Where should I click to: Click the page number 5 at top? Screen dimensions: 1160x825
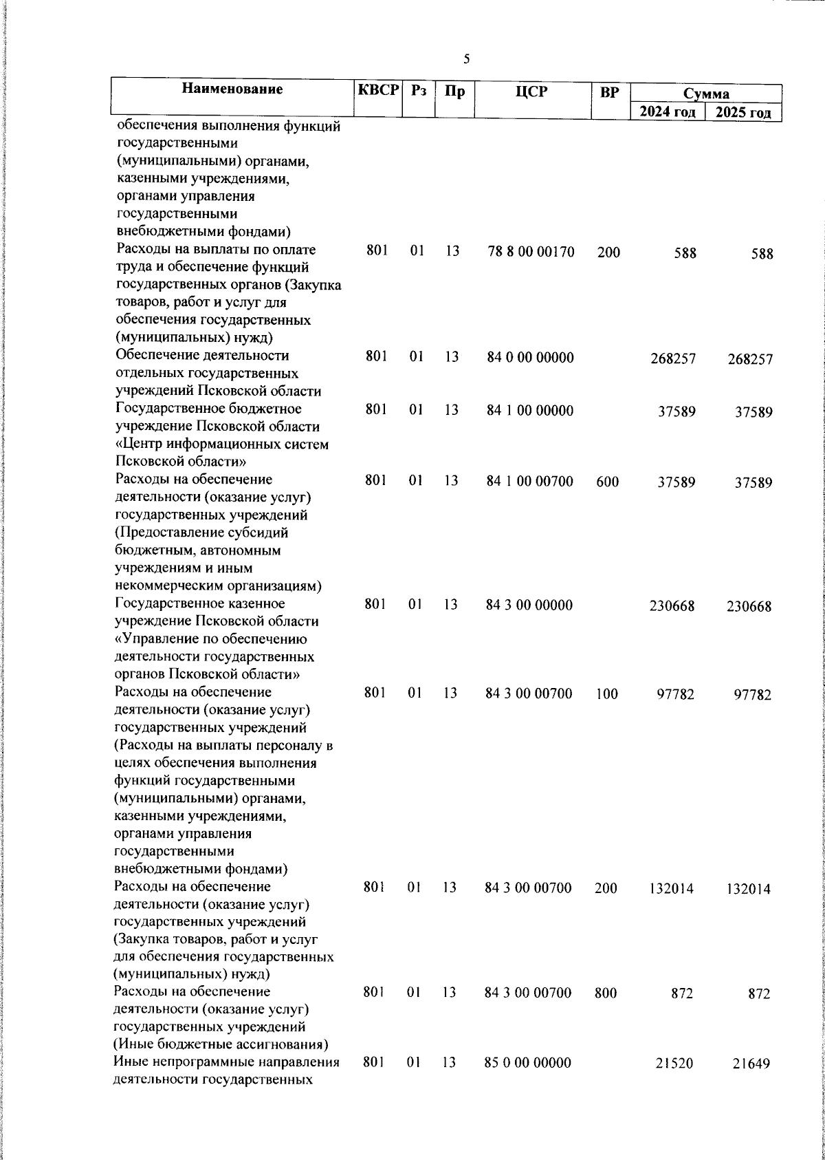tap(467, 59)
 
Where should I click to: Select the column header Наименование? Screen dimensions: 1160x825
tap(232, 89)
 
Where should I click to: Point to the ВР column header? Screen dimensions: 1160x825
tap(609, 92)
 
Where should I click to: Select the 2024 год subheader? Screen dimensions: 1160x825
tap(668, 112)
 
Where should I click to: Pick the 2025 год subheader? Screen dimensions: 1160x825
tap(743, 112)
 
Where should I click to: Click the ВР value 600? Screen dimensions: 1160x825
tap(608, 482)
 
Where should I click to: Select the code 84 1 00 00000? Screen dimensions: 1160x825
tap(529, 411)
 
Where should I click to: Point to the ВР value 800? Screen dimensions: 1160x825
tap(606, 993)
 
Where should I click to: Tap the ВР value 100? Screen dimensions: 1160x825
tap(607, 694)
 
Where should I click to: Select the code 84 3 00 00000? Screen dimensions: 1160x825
tap(529, 605)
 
